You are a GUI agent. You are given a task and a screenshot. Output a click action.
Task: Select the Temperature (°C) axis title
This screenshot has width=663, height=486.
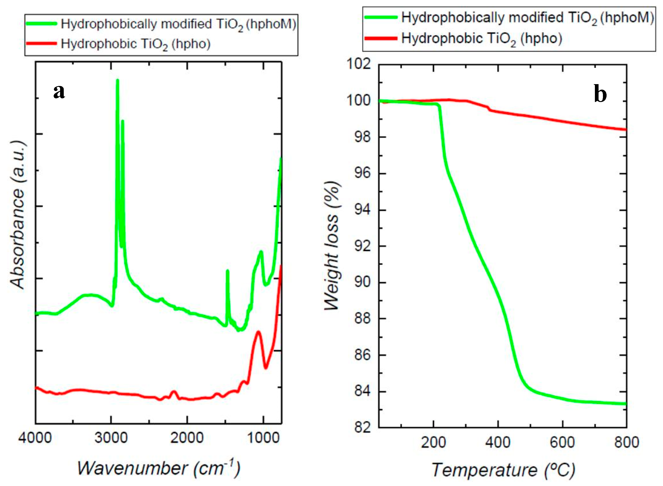click(503, 469)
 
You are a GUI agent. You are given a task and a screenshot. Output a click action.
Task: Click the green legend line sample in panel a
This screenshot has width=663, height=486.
click(41, 24)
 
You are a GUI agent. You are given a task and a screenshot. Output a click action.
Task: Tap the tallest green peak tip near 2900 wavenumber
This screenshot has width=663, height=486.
click(117, 80)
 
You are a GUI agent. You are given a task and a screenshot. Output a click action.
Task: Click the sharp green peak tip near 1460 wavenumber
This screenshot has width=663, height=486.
click(227, 271)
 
